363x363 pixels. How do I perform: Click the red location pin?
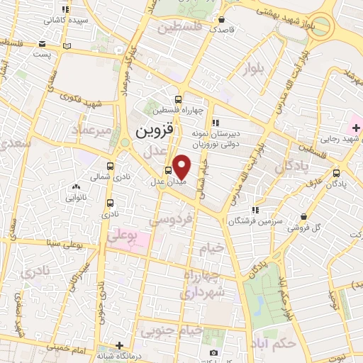[x=182, y=166]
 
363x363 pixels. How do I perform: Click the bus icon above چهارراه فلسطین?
[x=178, y=99]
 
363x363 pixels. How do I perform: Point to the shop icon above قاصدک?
[x=222, y=20]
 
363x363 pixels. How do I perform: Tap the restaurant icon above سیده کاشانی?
[x=66, y=10]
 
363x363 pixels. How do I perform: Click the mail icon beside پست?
[x=67, y=46]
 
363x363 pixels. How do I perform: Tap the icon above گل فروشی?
[x=303, y=217]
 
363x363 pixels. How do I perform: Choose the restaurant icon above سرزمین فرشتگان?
[x=255, y=210]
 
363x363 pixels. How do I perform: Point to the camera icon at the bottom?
[x=213, y=352]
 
